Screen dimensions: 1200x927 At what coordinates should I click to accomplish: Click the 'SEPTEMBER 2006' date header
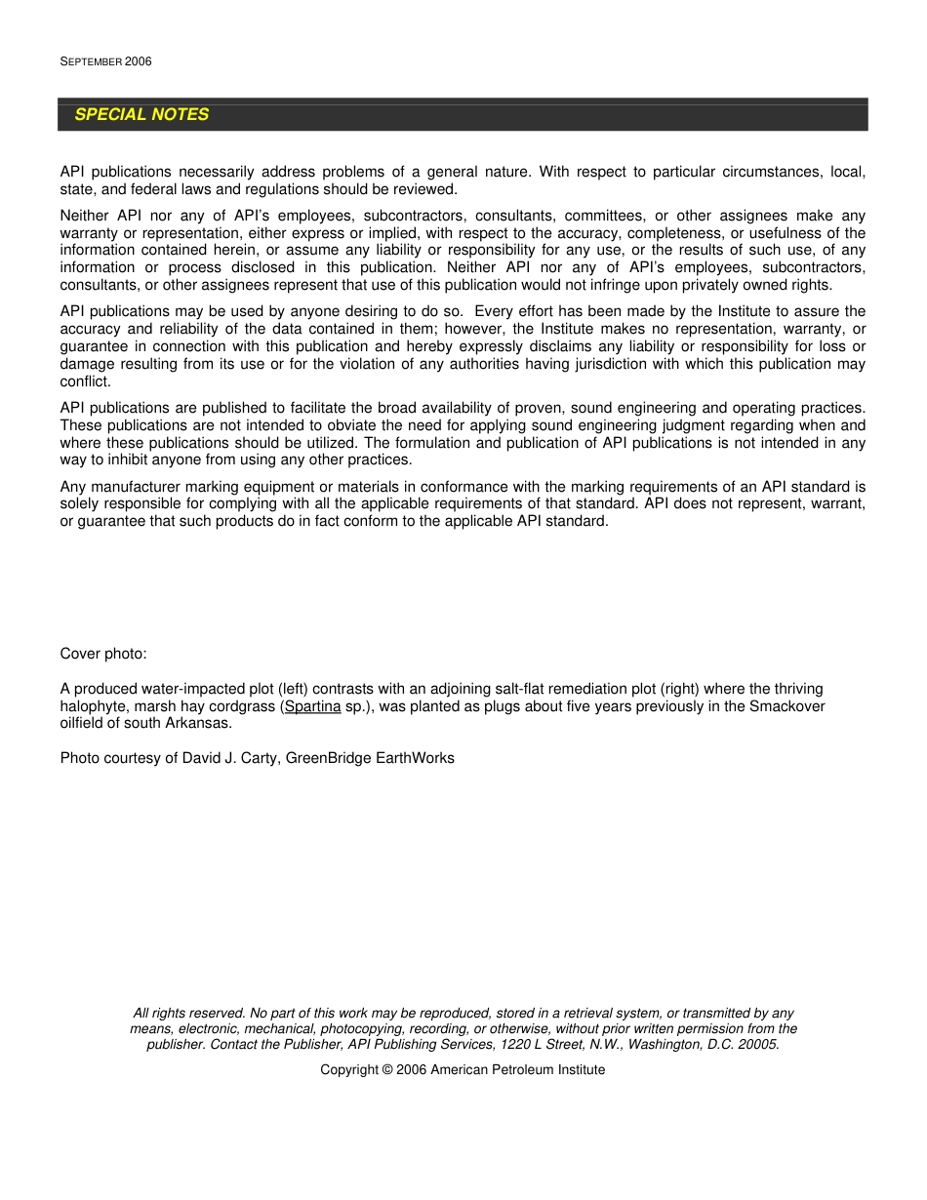click(x=105, y=61)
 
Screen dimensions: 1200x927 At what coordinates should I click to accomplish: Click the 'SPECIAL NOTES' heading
click(x=141, y=114)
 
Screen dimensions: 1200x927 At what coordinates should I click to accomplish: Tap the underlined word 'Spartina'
click(x=312, y=706)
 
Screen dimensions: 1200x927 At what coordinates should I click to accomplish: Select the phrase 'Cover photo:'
click(x=103, y=654)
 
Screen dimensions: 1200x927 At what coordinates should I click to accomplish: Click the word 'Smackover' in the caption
click(x=786, y=706)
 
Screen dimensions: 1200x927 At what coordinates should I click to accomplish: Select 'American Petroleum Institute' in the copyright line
click(x=517, y=1070)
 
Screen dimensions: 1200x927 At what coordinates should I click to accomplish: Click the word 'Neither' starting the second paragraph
click(x=85, y=216)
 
